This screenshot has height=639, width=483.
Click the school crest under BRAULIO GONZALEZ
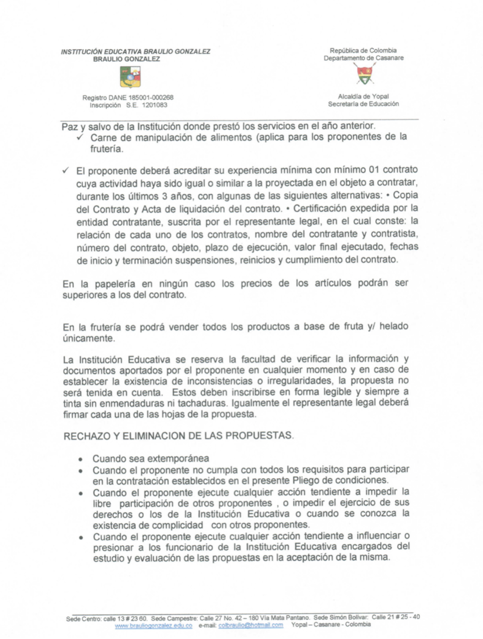pos(130,77)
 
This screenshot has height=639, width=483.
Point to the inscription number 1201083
pos(155,105)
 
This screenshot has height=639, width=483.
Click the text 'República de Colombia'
pos(363,51)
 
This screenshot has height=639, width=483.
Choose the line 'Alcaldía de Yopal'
pos(363,96)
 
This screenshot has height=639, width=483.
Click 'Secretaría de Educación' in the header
pos(363,104)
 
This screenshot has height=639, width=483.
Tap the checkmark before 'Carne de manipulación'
pos(80,137)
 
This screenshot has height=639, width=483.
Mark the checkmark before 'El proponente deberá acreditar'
pos(66,170)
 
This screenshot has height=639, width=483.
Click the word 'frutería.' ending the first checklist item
pos(107,149)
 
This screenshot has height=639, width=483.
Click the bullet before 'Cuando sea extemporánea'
pos(81,460)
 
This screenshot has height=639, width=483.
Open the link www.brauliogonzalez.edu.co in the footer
pos(153,625)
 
